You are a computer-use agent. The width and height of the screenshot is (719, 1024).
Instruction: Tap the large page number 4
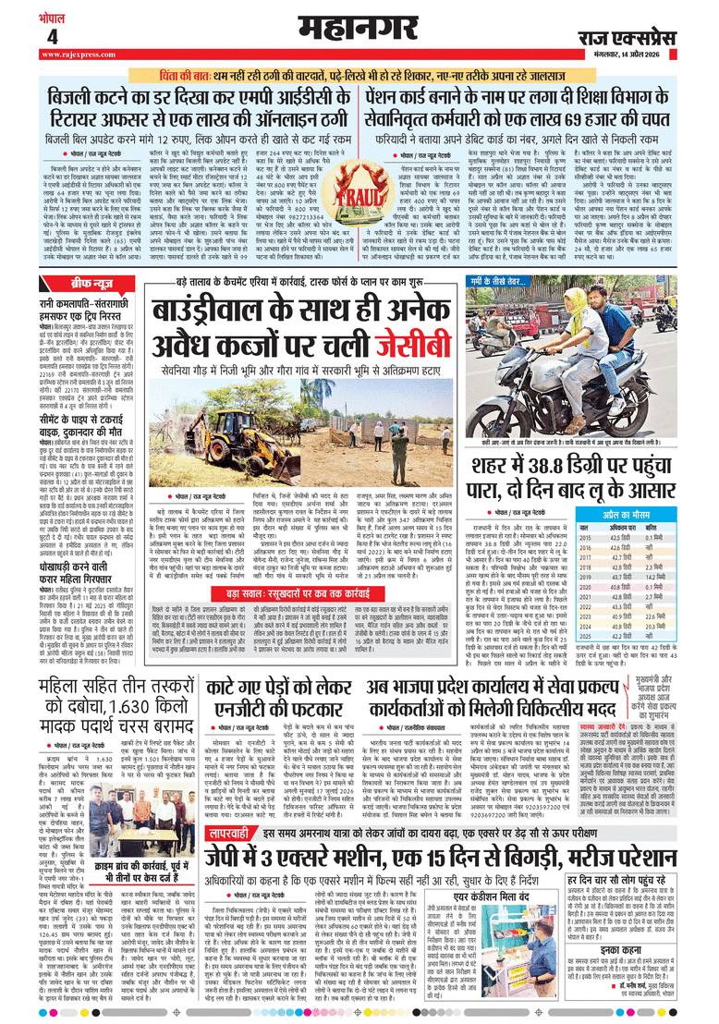coord(52,36)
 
